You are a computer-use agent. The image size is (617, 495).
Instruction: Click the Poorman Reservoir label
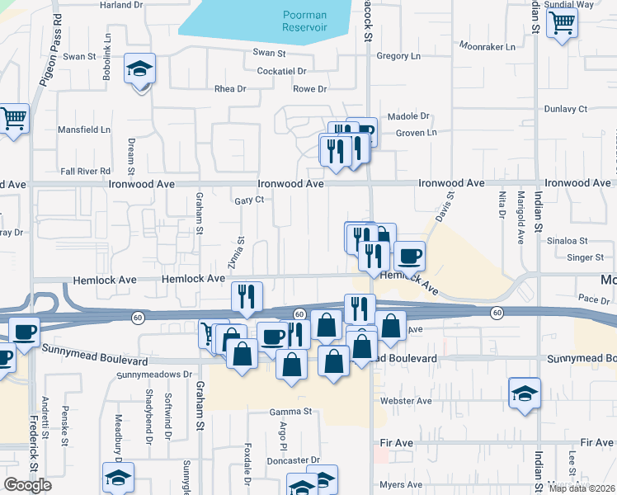tap(304, 21)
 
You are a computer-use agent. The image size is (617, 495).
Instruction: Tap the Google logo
tap(27, 485)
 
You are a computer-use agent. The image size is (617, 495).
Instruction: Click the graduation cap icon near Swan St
tap(140, 68)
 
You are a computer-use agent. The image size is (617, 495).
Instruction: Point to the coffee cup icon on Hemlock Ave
tap(409, 256)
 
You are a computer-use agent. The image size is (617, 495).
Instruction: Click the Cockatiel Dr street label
tap(280, 72)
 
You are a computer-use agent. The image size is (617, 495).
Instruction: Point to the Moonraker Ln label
tap(487, 46)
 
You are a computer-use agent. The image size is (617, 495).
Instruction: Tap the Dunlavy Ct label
tap(565, 109)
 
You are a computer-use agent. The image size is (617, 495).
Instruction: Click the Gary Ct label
tap(248, 200)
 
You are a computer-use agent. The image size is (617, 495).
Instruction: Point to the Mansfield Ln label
tap(83, 130)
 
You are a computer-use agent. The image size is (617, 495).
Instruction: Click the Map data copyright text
tap(582, 488)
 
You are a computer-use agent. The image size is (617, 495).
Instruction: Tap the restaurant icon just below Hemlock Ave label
tap(246, 297)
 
